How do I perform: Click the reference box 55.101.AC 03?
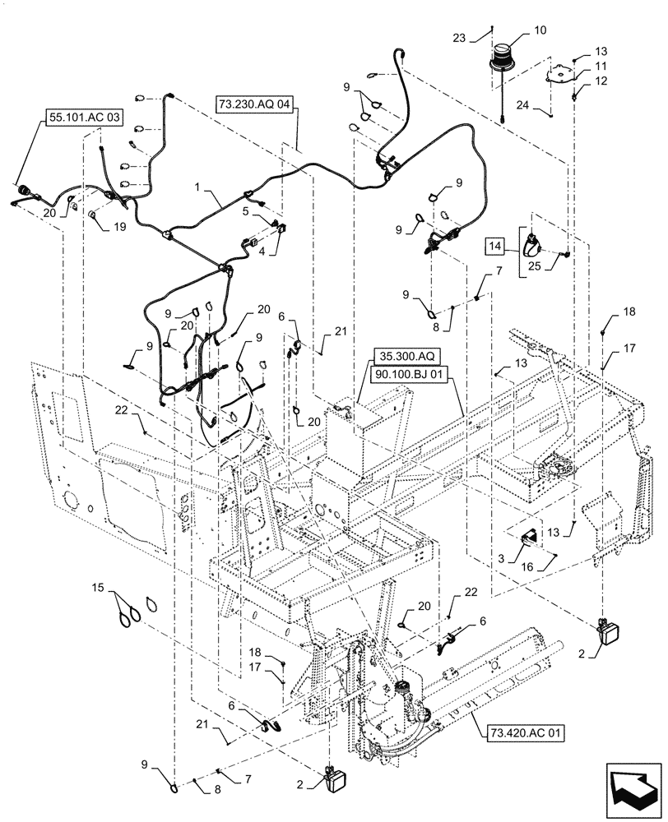(82, 118)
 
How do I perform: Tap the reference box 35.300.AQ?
(406, 355)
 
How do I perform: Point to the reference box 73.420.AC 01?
(518, 730)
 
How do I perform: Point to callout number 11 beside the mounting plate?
(601, 64)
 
